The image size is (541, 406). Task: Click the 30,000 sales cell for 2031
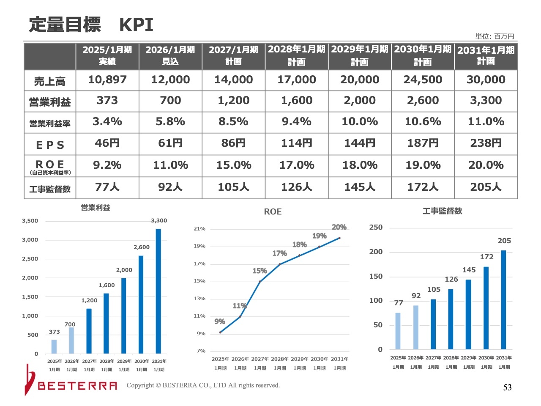point(486,80)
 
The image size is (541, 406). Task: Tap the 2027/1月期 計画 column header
point(233,55)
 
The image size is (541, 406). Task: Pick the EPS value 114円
point(296,143)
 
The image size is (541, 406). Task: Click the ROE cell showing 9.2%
point(107,165)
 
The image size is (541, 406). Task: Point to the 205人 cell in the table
point(486,187)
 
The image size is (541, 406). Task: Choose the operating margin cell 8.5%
point(233,122)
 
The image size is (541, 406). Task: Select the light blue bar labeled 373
point(54,346)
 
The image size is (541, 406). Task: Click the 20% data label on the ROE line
point(339,227)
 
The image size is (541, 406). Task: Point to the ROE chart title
point(273,211)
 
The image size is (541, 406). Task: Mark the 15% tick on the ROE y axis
point(199,281)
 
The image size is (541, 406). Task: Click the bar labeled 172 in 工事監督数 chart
point(486,308)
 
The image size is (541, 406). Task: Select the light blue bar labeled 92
point(416,327)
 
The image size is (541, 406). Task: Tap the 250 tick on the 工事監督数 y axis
point(376,227)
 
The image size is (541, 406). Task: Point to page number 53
point(507,387)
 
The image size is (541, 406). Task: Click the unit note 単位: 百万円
point(495,36)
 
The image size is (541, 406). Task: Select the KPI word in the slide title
point(136,25)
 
